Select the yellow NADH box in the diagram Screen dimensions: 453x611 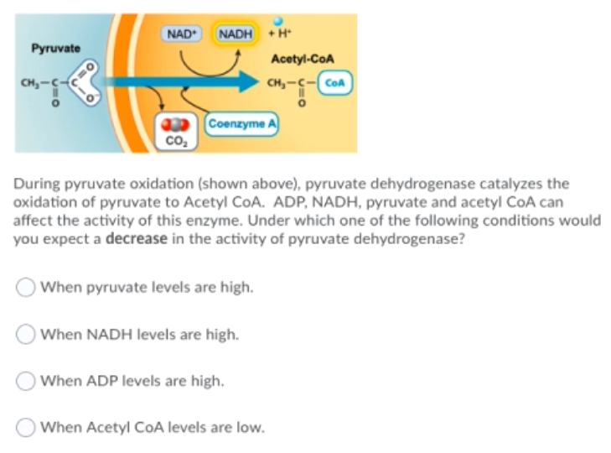point(235,34)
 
